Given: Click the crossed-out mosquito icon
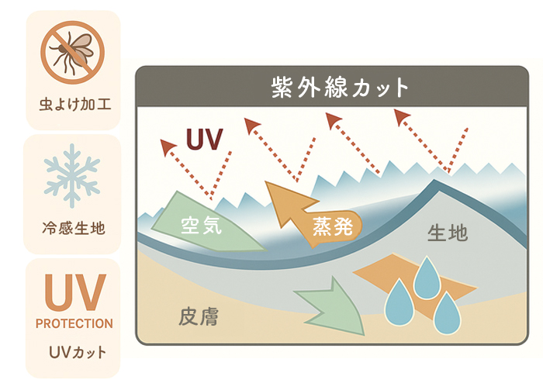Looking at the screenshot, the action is [72, 52].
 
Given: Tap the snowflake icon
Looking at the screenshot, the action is [72, 175].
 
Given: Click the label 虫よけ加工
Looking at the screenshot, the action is [74, 104].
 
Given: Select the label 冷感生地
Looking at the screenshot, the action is [74, 228].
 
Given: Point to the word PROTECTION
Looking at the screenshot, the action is [74, 323].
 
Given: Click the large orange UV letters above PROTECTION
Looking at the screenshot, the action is [75, 292].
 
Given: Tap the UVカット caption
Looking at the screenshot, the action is [78, 352].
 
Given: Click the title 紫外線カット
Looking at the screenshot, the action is [340, 87].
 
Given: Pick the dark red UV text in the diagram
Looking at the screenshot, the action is [204, 139].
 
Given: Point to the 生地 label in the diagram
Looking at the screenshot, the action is [448, 233].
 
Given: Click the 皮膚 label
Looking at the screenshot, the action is [199, 316].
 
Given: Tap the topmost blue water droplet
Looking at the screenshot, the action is [427, 278].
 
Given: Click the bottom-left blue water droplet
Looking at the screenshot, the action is [399, 303].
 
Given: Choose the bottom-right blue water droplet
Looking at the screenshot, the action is [447, 314].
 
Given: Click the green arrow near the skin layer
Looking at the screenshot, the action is [330, 307].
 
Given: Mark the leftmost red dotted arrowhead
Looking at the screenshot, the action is [168, 147].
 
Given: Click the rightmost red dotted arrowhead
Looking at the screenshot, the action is [401, 116].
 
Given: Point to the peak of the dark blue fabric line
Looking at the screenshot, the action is [434, 181].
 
